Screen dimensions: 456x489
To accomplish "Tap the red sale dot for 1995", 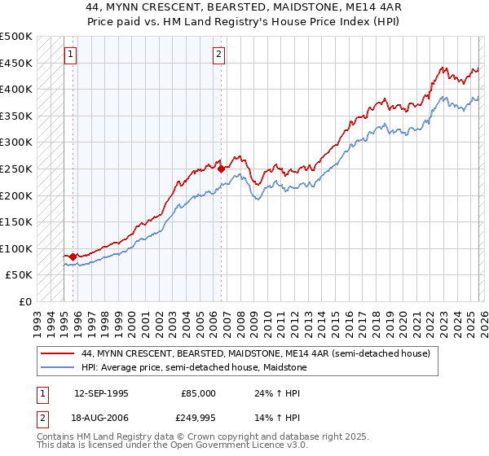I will [73, 256].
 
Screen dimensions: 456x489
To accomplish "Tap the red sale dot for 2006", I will [221, 169].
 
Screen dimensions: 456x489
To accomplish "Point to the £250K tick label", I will [16, 169].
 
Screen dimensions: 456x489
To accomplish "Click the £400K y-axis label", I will [16, 89].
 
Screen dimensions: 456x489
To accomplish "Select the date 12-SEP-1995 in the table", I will [101, 393].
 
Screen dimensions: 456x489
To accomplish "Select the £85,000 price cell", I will [199, 393].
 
